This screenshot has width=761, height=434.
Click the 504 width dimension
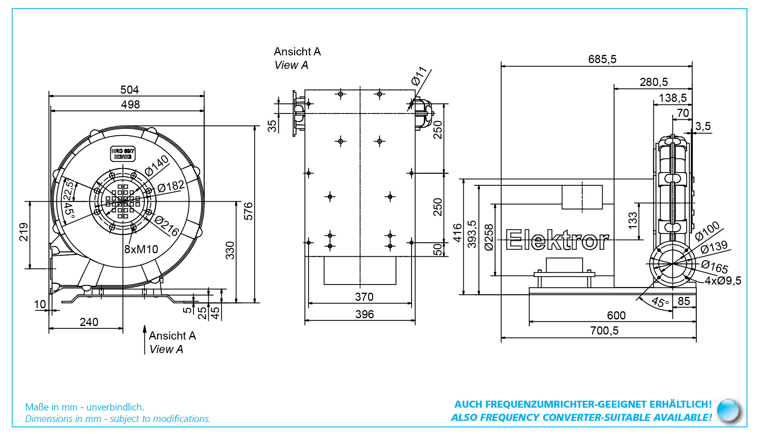(129, 90)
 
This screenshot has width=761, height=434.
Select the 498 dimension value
(130, 105)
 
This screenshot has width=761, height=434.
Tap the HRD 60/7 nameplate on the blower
(123, 154)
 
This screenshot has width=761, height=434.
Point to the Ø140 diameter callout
(157, 165)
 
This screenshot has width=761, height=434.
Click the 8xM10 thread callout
(141, 249)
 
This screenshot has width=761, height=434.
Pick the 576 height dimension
(248, 211)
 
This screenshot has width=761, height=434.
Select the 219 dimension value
(24, 232)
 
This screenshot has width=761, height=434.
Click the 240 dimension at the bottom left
(89, 322)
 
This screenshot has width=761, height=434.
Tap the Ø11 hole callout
(419, 76)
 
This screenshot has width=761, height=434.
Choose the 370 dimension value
(364, 297)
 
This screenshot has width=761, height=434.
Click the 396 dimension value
(365, 314)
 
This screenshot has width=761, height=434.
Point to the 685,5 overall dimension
(602, 59)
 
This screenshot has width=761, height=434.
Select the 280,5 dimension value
(654, 82)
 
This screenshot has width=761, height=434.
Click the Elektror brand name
(557, 240)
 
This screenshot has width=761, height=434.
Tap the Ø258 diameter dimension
(489, 237)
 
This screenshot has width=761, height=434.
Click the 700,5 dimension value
(604, 331)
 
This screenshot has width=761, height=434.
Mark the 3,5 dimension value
(703, 126)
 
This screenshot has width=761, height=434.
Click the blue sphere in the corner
(728, 410)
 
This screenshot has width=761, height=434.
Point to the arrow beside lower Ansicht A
(145, 340)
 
